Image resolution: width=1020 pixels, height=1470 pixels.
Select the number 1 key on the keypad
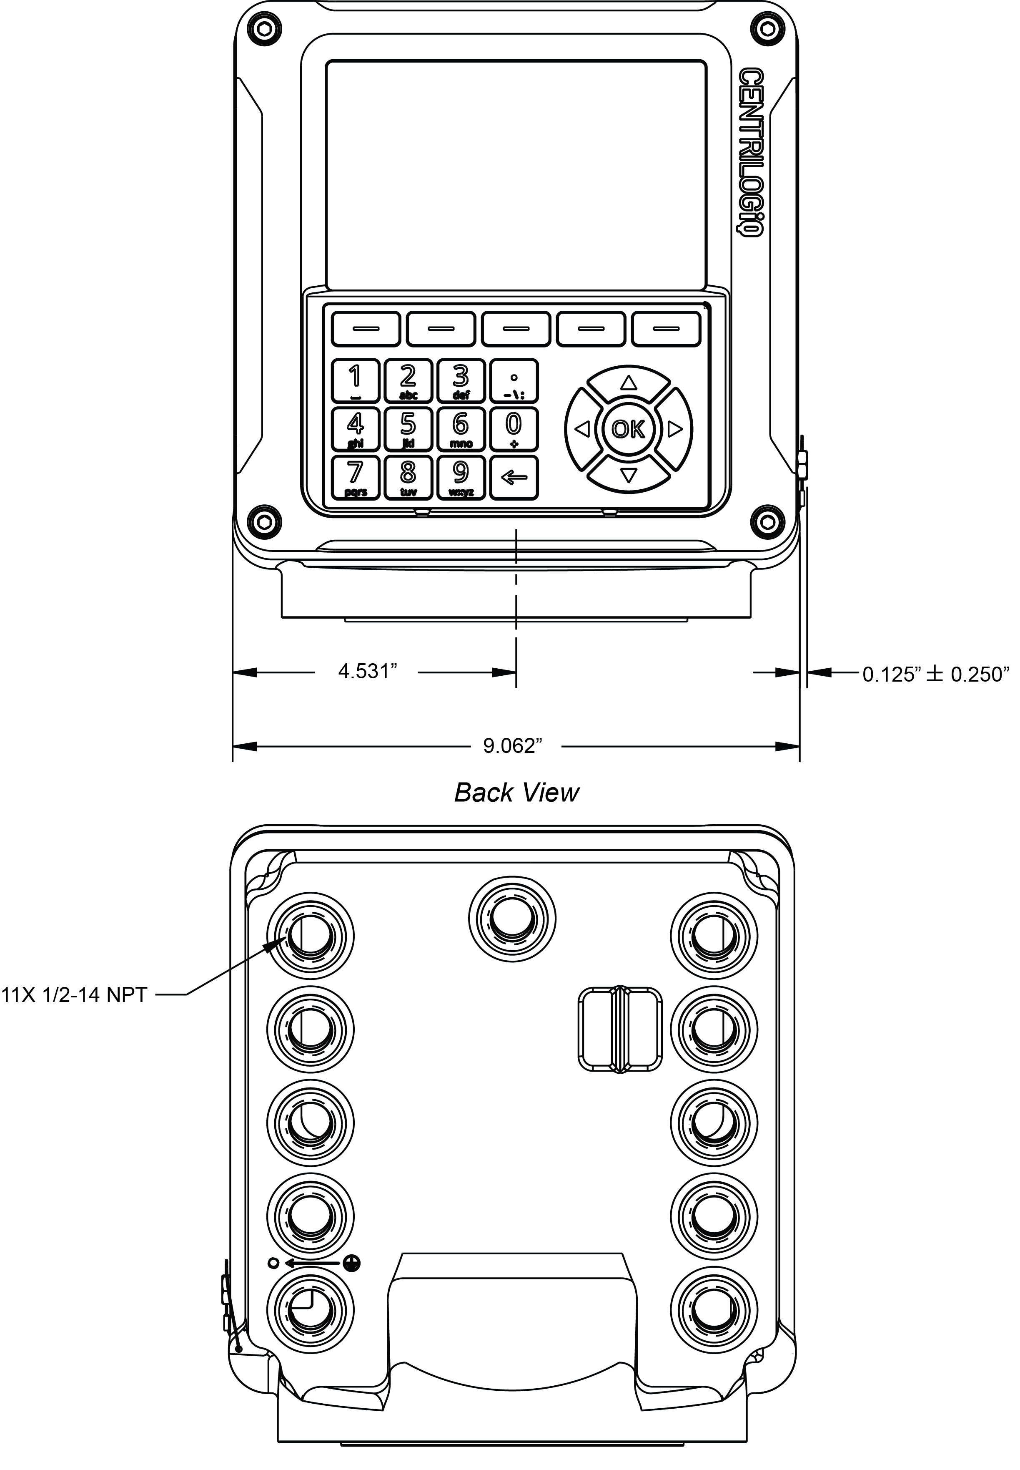click(x=355, y=380)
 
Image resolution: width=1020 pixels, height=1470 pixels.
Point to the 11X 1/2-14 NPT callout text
click(x=75, y=994)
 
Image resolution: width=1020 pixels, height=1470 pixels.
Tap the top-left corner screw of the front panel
click(x=265, y=28)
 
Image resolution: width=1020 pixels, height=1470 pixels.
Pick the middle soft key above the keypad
click(x=516, y=329)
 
